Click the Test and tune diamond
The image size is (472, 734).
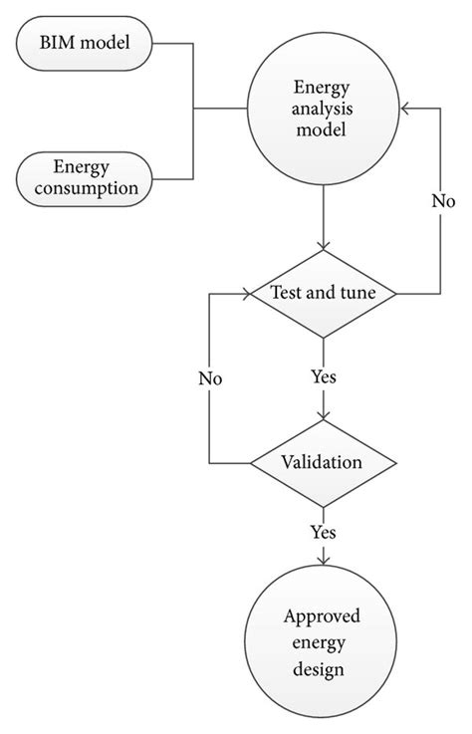323,294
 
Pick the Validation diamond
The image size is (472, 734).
323,462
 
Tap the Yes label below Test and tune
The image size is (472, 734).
323,378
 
